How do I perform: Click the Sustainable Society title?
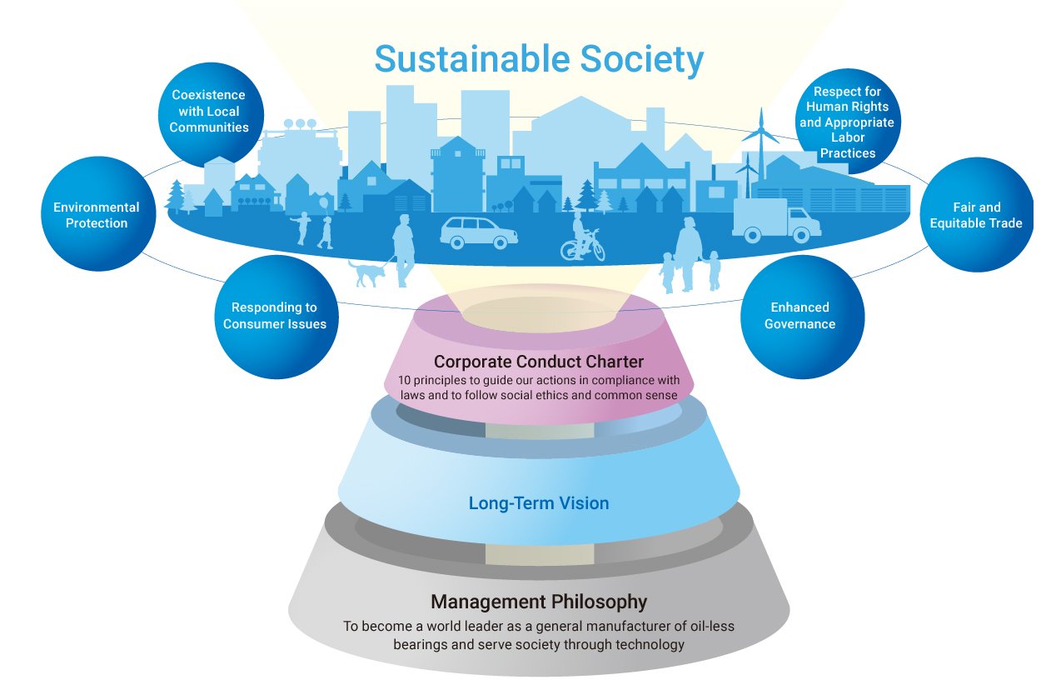coord(539,60)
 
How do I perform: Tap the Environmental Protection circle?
coord(97,215)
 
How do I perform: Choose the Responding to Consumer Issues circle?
coord(275,316)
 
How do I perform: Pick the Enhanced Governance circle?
coord(799,316)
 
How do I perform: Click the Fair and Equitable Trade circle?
coord(976,215)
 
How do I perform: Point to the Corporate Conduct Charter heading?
coord(539,362)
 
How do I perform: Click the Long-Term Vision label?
coord(539,503)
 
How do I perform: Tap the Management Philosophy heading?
coord(539,601)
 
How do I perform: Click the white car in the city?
coord(478,232)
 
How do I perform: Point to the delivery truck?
coord(775,220)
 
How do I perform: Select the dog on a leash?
coord(366,272)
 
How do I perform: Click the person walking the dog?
coord(405,248)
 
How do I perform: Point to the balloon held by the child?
coord(323,202)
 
